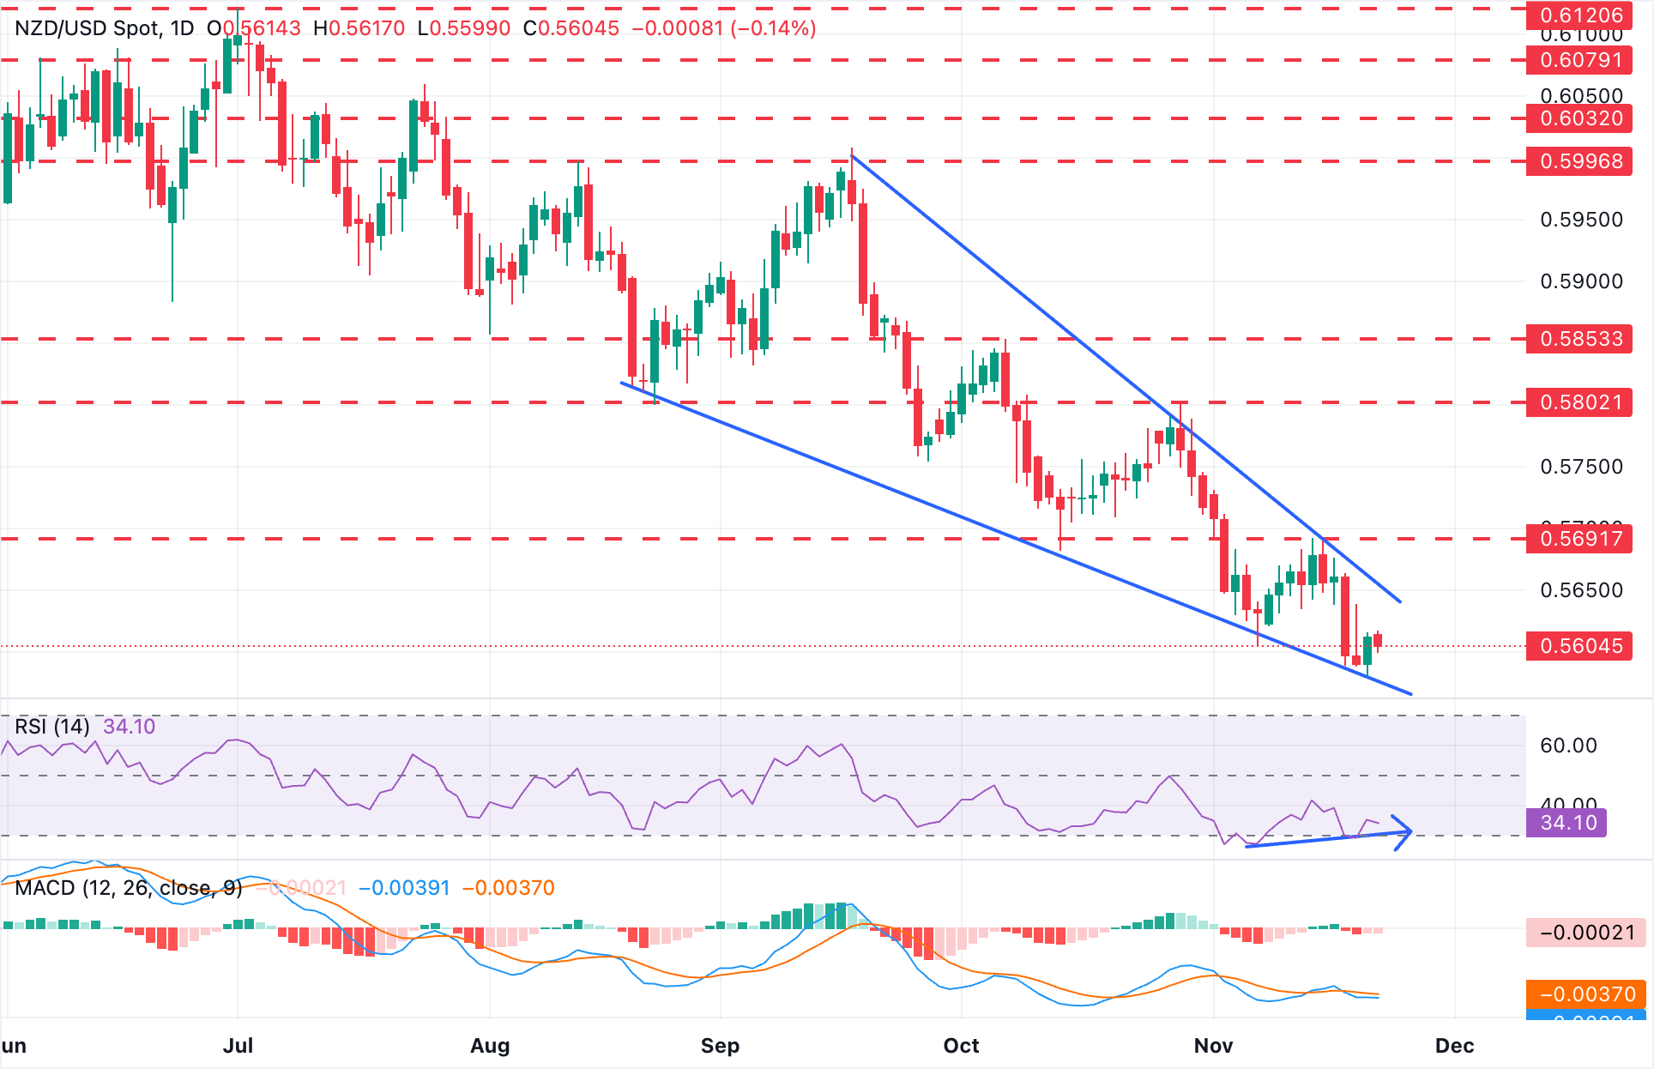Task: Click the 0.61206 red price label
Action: point(1581,15)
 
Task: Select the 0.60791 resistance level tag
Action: point(1581,60)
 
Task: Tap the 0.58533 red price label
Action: point(1581,339)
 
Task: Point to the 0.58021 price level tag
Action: point(1581,402)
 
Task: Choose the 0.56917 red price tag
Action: point(1581,539)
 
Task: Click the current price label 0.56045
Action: point(1581,646)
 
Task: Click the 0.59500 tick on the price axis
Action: point(1581,220)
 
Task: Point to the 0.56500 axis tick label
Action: point(1581,590)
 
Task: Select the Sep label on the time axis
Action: point(720,1046)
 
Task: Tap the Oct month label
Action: point(961,1046)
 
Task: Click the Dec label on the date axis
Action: point(1454,1046)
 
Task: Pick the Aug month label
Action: point(490,1046)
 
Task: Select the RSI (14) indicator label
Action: point(52,727)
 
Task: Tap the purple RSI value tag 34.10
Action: point(1567,823)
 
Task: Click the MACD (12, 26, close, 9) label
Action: point(129,888)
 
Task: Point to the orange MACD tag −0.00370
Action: point(1587,994)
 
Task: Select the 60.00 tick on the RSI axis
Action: point(1567,746)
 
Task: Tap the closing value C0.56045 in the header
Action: point(571,28)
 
